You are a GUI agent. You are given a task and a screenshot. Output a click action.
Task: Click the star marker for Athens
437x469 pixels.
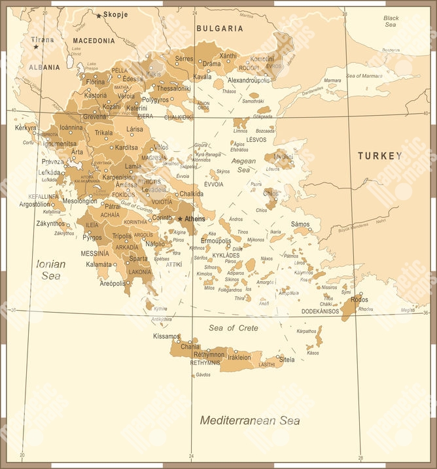click(x=181, y=218)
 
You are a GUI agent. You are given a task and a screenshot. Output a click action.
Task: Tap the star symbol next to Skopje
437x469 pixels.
click(x=99, y=15)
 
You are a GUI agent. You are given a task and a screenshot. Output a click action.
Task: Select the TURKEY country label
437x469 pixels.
click(x=379, y=156)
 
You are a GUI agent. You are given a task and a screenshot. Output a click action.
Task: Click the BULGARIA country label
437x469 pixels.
click(x=219, y=29)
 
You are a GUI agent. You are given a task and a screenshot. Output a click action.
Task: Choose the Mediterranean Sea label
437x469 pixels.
click(x=250, y=421)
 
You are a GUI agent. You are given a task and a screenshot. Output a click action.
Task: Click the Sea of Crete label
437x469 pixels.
click(x=234, y=328)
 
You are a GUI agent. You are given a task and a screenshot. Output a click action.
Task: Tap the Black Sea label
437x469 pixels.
click(x=391, y=21)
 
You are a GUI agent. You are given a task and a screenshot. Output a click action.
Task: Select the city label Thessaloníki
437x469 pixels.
click(x=173, y=88)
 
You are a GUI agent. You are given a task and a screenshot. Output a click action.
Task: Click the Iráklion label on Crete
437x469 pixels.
click(x=239, y=358)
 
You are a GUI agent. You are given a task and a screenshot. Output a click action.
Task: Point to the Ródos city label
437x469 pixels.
click(x=360, y=300)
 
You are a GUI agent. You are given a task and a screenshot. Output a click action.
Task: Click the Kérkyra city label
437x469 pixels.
click(x=26, y=128)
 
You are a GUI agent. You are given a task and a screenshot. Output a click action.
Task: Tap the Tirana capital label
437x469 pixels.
click(x=43, y=40)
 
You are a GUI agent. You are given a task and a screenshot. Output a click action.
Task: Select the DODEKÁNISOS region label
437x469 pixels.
click(x=320, y=311)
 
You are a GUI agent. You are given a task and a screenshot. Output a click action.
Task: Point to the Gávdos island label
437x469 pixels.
click(x=203, y=375)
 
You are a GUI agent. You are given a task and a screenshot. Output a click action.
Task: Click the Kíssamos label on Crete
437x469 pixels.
click(x=166, y=336)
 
